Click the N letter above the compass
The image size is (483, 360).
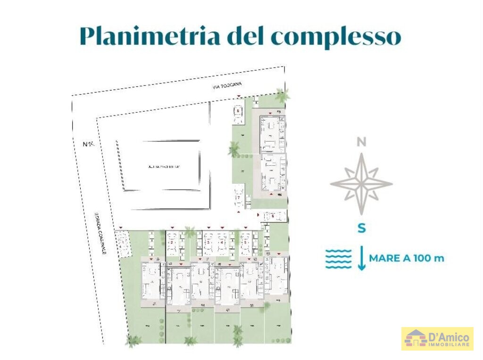361,142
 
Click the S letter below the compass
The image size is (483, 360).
361,229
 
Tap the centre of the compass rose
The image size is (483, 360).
361,184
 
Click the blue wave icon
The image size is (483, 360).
339,259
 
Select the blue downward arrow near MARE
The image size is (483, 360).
361,259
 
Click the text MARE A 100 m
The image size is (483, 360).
406,258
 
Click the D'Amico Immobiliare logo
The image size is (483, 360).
437,339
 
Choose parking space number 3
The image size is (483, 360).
208,243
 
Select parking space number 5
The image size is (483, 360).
246,243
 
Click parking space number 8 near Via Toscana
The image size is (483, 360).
239,113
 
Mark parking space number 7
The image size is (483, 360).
239,198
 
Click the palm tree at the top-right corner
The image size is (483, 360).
283,96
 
